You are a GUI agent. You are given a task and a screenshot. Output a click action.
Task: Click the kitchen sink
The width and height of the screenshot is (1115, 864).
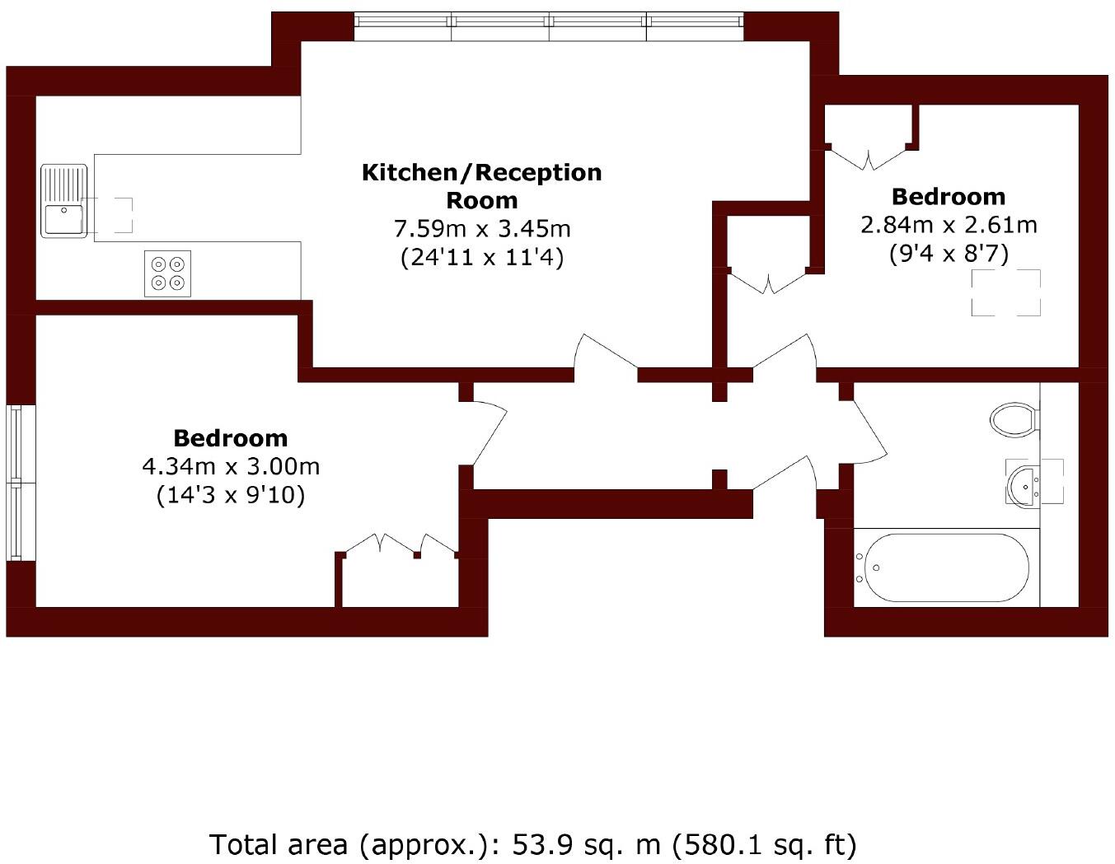[x=64, y=201]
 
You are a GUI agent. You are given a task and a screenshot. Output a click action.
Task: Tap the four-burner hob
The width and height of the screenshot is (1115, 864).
[x=167, y=273]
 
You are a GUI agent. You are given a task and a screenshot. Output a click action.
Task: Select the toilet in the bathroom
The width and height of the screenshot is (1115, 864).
[x=1013, y=420]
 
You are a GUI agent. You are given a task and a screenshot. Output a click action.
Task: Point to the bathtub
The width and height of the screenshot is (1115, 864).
[x=942, y=568]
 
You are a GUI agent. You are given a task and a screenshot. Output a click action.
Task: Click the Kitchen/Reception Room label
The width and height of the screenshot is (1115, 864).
[x=482, y=186]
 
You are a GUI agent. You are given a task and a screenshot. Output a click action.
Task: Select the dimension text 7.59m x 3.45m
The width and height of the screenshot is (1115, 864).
[x=482, y=228]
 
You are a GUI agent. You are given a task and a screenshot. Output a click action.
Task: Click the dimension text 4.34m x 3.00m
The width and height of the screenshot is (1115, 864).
[x=231, y=467]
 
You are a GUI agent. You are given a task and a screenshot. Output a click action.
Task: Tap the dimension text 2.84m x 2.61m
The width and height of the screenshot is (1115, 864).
[x=949, y=224]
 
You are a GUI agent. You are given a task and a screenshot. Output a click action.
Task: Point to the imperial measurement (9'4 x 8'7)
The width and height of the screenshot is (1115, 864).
[x=949, y=253]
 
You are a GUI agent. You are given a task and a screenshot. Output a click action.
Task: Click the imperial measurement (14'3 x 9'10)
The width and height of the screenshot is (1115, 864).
[x=231, y=496]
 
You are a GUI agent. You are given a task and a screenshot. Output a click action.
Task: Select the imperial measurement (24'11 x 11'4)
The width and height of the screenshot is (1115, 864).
[x=482, y=258]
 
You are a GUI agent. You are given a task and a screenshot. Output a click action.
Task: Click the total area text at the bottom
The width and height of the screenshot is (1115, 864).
[x=533, y=844]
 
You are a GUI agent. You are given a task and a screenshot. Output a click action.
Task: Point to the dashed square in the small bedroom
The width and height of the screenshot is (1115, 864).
[x=1005, y=293]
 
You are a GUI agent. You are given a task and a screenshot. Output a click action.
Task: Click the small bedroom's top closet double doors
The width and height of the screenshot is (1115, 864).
[x=868, y=156]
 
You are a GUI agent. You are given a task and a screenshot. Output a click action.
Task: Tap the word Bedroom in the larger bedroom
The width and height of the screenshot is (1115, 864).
[x=231, y=438]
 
